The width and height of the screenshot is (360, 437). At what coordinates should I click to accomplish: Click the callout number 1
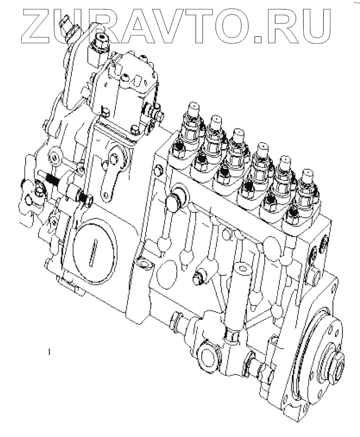[49, 352]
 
